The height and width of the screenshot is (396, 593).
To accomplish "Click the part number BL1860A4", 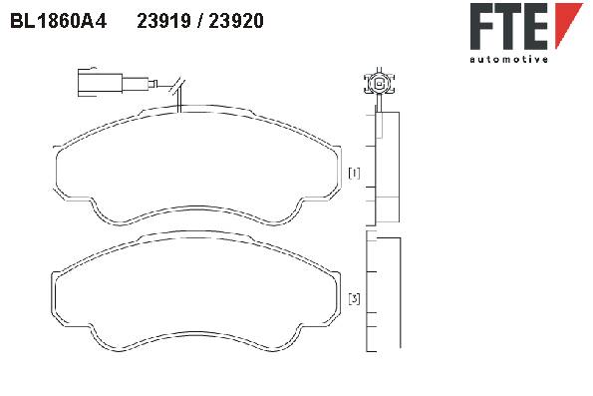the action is coord(58,21).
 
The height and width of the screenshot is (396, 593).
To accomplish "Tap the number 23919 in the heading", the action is coord(163,21).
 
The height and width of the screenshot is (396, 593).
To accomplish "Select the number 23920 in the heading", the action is coord(236,21).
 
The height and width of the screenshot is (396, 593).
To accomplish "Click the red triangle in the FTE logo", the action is coord(568,23).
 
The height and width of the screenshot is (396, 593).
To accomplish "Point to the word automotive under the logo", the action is coord(508,59).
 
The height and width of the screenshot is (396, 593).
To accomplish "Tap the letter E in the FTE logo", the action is coord(535,26).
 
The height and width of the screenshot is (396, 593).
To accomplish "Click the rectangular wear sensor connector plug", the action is coord(100,83).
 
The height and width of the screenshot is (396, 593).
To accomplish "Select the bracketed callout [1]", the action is coord(354,173).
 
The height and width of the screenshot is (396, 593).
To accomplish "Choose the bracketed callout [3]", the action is coord(354,298).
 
